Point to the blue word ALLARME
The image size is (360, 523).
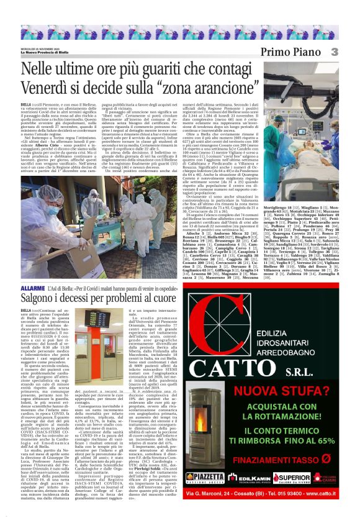click(x=32, y=288)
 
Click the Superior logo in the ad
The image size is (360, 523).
click(x=291, y=477)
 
